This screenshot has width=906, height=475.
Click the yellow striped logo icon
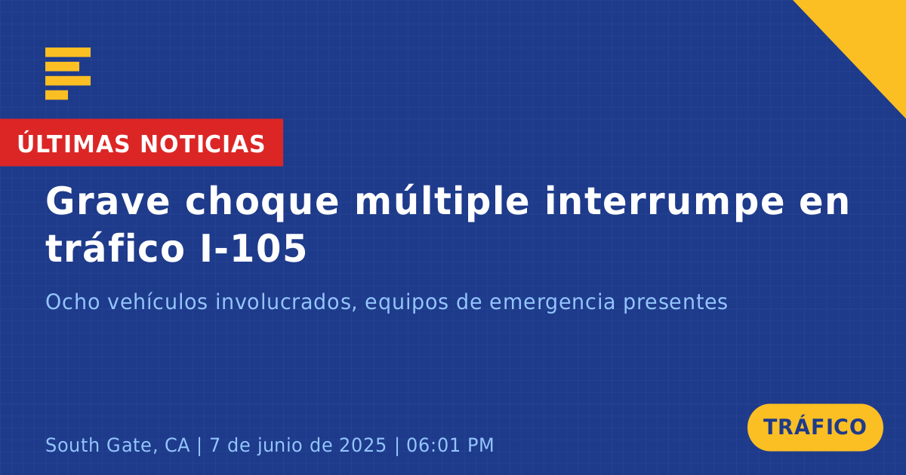pyautogui.click(x=68, y=74)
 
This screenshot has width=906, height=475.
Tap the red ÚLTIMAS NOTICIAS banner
pyautogui.click(x=141, y=142)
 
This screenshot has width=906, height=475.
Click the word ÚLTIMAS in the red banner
pyautogui.click(x=73, y=143)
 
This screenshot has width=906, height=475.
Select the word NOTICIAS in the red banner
pyautogui.click(x=202, y=144)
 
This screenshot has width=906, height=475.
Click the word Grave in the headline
pyautogui.click(x=107, y=201)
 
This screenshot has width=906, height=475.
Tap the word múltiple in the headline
pyautogui.click(x=442, y=202)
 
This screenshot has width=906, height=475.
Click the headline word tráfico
pyautogui.click(x=116, y=247)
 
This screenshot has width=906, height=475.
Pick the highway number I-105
pyautogui.click(x=254, y=249)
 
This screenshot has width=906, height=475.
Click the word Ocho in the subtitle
pyautogui.click(x=72, y=302)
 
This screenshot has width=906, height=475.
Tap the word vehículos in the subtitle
pyautogui.click(x=158, y=302)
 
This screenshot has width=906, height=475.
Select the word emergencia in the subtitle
pyautogui.click(x=552, y=303)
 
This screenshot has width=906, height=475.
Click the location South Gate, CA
pyautogui.click(x=118, y=445)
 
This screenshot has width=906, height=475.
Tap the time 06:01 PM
pyautogui.click(x=450, y=445)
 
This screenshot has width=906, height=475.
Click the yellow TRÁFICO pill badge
pyautogui.click(x=815, y=427)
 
